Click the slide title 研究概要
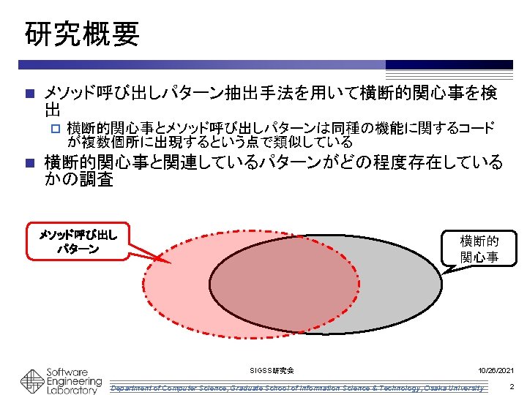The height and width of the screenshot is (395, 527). [x=81, y=33]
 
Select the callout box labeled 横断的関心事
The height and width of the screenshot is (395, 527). [x=479, y=248]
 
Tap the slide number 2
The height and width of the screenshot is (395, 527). [x=512, y=385]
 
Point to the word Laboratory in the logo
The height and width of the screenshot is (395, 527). [x=71, y=391]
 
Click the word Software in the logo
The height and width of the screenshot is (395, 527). [x=67, y=372]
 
